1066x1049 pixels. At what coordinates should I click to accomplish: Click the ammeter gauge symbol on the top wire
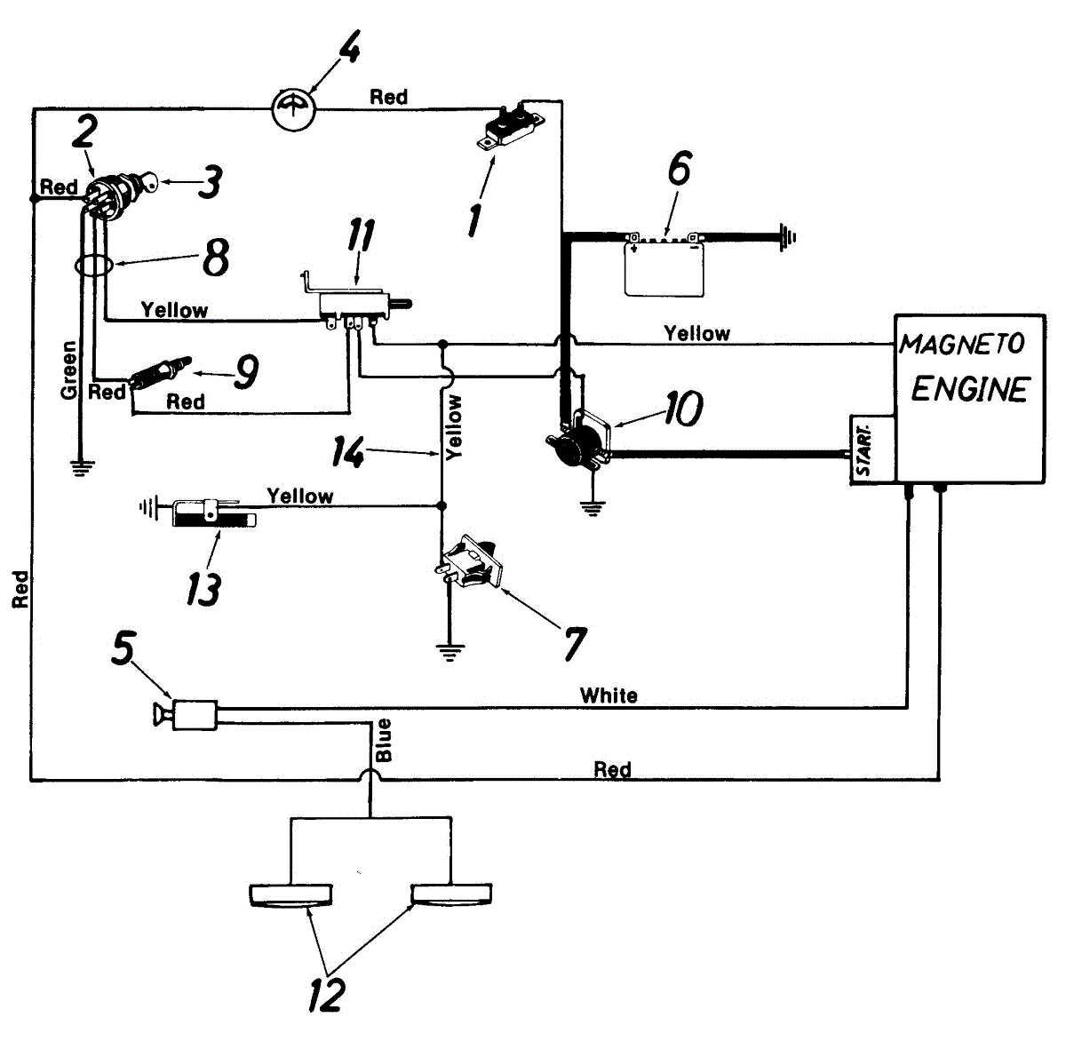click(x=294, y=109)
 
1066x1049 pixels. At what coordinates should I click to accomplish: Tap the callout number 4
click(x=349, y=46)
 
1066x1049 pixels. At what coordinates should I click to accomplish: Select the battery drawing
click(x=664, y=264)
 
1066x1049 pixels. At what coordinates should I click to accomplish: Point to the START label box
click(x=872, y=449)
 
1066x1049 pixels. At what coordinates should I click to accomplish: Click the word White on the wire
click(x=609, y=695)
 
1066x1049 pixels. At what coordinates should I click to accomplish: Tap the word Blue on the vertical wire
click(x=384, y=740)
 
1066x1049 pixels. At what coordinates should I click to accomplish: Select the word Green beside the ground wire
click(x=68, y=370)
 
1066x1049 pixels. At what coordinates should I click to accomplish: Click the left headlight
click(x=291, y=895)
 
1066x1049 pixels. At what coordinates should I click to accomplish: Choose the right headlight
click(x=451, y=895)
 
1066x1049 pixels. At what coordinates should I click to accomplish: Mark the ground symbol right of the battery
click(x=787, y=237)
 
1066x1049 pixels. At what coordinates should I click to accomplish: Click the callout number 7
click(x=574, y=643)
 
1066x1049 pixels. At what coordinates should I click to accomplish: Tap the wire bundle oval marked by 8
click(x=94, y=266)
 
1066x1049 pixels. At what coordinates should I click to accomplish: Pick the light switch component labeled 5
click(x=187, y=715)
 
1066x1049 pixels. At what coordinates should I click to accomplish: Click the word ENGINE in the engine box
click(x=970, y=390)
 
